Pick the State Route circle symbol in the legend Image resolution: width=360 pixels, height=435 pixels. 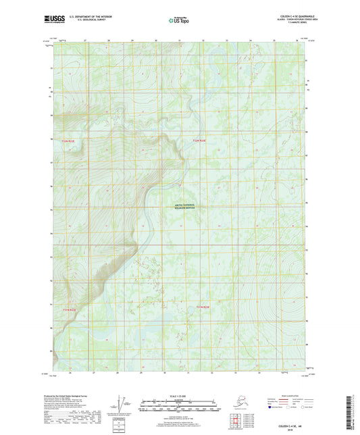[303, 407]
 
